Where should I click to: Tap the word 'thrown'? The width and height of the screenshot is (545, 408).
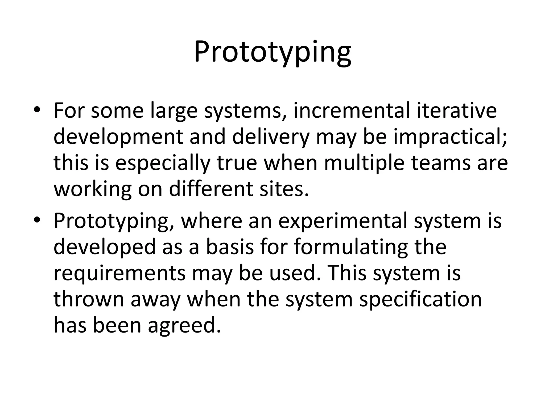[89, 299]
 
